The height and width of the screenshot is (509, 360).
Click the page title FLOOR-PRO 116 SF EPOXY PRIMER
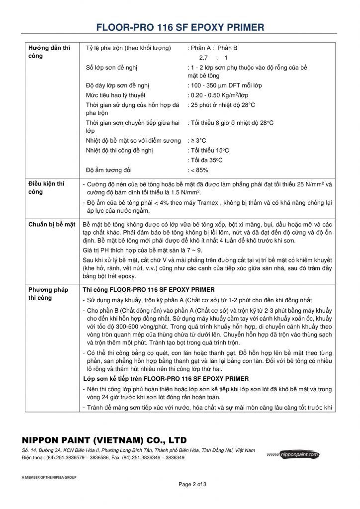tap(180, 27)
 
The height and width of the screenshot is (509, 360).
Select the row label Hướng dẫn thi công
tap(49, 52)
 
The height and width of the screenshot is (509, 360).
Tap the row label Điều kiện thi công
tap(46, 187)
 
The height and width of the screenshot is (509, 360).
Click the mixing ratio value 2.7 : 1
tap(213, 58)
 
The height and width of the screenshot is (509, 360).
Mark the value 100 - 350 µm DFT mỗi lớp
tap(225, 85)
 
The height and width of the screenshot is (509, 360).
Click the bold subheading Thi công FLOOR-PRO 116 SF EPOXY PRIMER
tap(149, 290)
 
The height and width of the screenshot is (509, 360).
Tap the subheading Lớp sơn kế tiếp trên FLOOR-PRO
tap(166, 379)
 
